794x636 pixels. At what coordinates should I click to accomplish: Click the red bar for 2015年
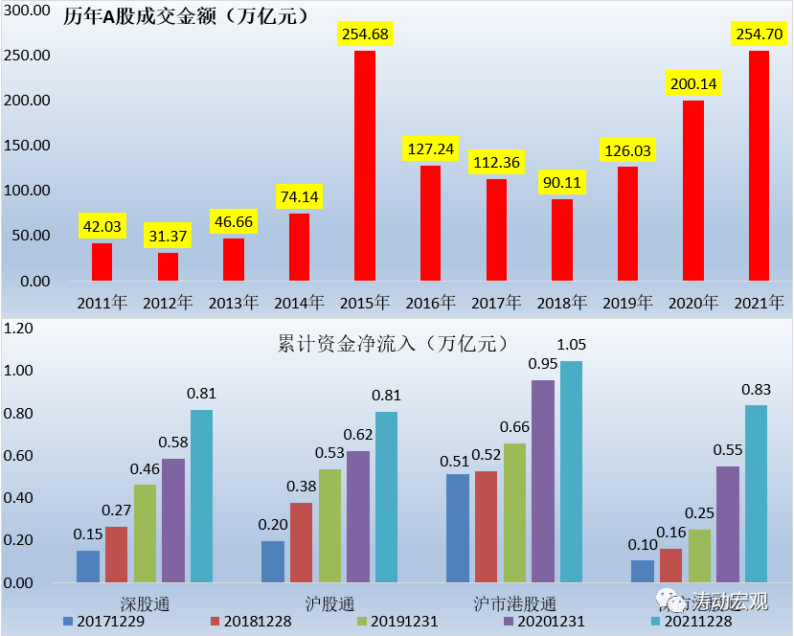click(x=365, y=166)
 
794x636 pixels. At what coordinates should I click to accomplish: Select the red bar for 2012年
click(x=168, y=266)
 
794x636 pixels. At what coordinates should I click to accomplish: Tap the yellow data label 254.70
click(x=759, y=34)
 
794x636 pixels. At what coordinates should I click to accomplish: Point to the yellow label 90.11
click(x=561, y=182)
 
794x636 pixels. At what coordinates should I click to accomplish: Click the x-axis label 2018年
click(x=561, y=303)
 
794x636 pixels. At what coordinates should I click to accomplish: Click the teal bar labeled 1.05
click(x=571, y=471)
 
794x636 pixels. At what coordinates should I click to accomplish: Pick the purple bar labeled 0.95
click(x=543, y=481)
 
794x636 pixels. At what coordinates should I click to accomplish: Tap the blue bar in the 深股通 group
click(x=88, y=566)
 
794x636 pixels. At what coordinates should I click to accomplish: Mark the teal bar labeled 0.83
click(x=756, y=493)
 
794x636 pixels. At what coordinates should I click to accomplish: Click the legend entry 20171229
click(x=105, y=621)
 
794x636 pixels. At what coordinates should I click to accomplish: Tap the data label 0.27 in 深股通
click(x=117, y=510)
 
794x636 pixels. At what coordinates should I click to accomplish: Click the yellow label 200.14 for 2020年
click(x=693, y=83)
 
